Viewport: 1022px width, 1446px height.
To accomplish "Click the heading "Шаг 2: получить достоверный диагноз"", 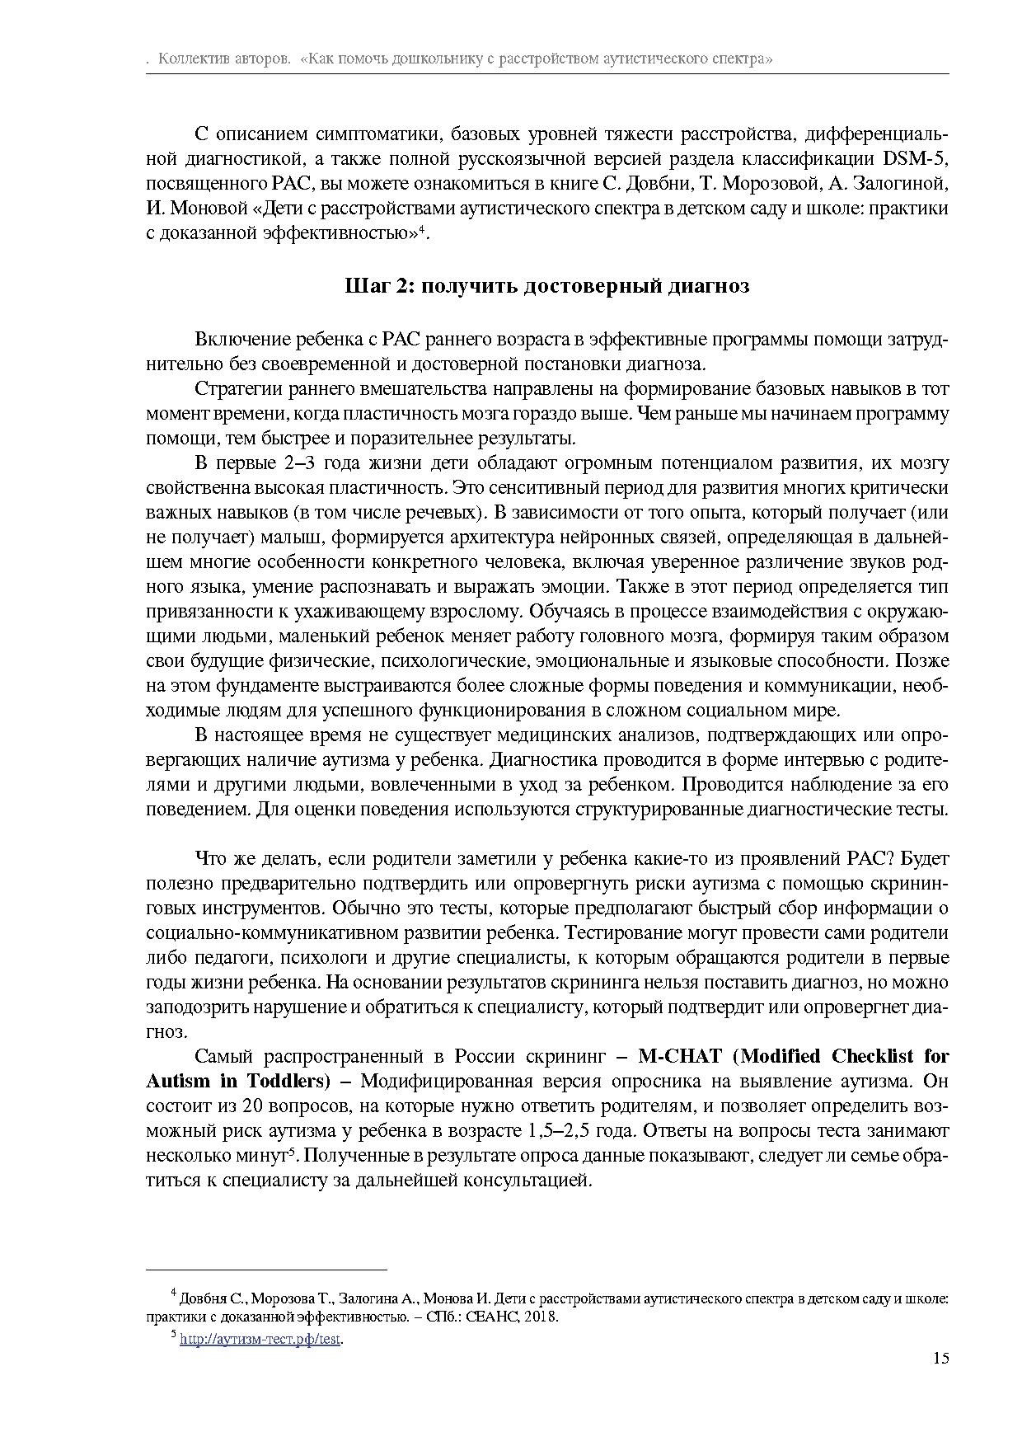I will click(x=546, y=285).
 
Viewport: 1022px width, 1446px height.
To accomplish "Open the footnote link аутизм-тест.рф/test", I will click(x=260, y=1339).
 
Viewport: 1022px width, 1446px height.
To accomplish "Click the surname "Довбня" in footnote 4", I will click(x=203, y=1298).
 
